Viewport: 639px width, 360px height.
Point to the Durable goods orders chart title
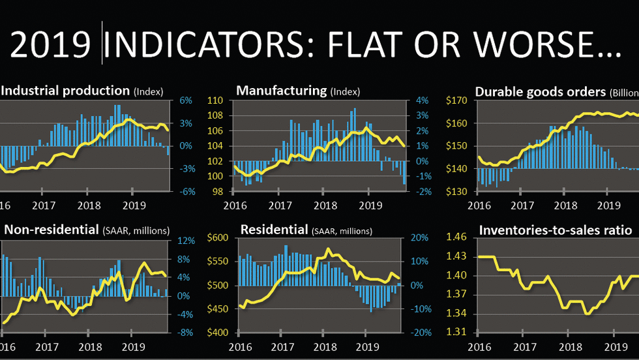tap(540, 92)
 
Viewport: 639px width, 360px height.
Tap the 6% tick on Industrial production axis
tap(185, 101)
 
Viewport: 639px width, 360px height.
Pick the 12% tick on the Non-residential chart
tap(187, 241)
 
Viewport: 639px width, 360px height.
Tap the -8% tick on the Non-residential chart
tap(187, 333)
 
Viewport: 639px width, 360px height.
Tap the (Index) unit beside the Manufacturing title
tap(345, 92)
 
